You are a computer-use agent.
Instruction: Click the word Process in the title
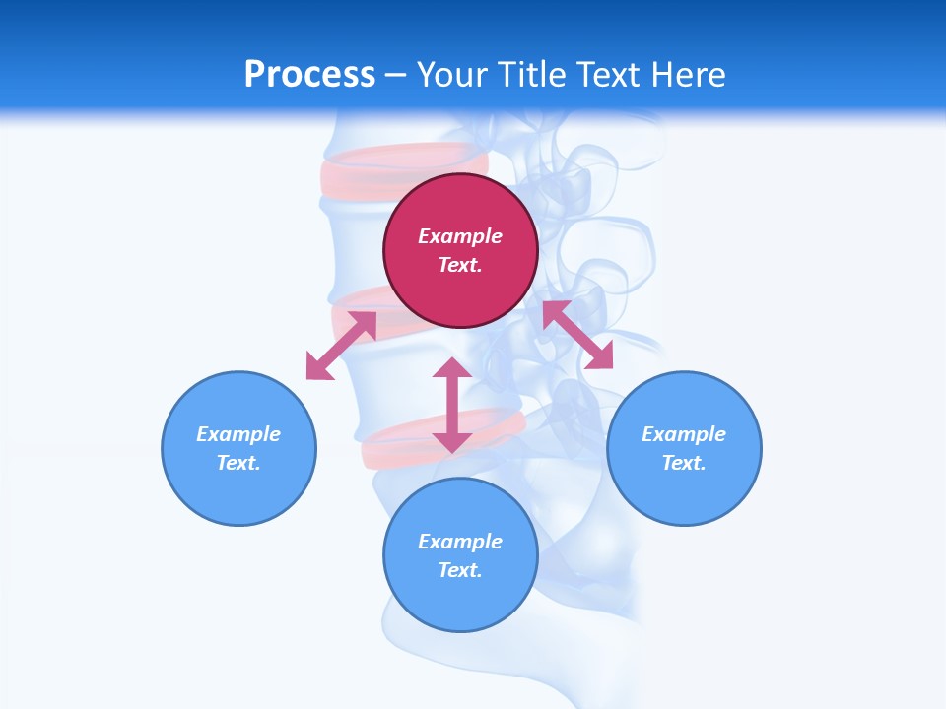(309, 74)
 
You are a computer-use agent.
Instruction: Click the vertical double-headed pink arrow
(452, 405)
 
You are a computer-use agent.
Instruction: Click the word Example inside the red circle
(460, 236)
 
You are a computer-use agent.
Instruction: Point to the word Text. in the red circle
(460, 265)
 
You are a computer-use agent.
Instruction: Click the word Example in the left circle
(238, 434)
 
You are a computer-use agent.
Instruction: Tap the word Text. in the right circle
(684, 463)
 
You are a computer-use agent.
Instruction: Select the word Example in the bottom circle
(460, 542)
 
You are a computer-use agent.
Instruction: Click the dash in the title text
(395, 75)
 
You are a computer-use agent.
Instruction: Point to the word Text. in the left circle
(238, 463)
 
